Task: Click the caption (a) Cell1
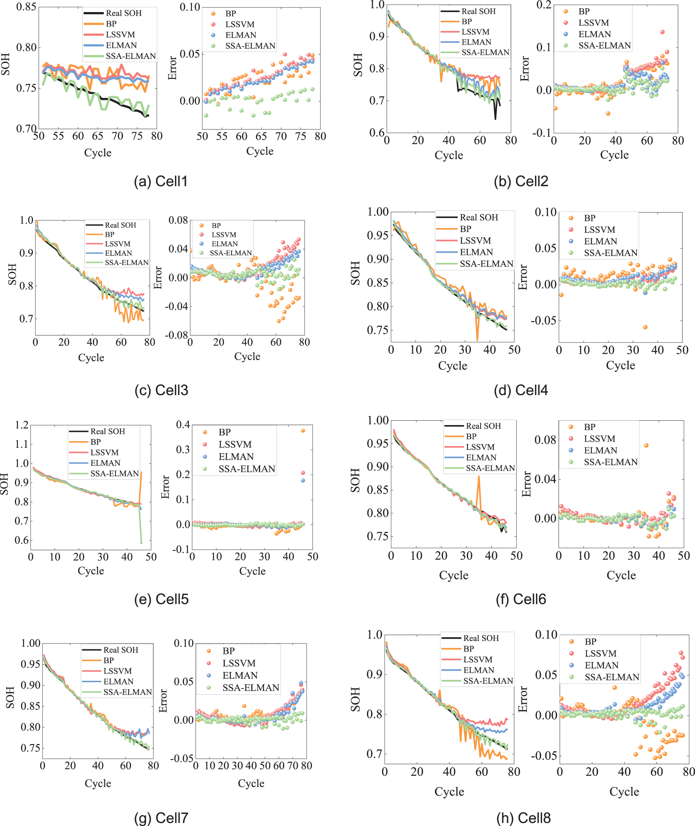[x=160, y=181]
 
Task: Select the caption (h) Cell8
[x=523, y=817]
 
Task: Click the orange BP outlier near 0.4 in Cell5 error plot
[x=303, y=431]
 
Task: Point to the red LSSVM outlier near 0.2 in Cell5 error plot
[x=303, y=473]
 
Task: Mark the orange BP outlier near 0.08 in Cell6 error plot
[x=646, y=445]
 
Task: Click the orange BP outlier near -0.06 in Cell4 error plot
[x=645, y=327]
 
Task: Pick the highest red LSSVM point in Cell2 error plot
[x=662, y=32]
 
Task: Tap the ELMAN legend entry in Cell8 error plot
[x=601, y=665]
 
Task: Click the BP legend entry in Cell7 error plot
[x=228, y=651]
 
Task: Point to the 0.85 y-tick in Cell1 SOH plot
[x=26, y=7]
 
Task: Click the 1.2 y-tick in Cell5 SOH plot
[x=22, y=425]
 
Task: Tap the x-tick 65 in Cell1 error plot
[x=261, y=136]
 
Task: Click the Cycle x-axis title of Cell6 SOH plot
[x=454, y=575]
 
